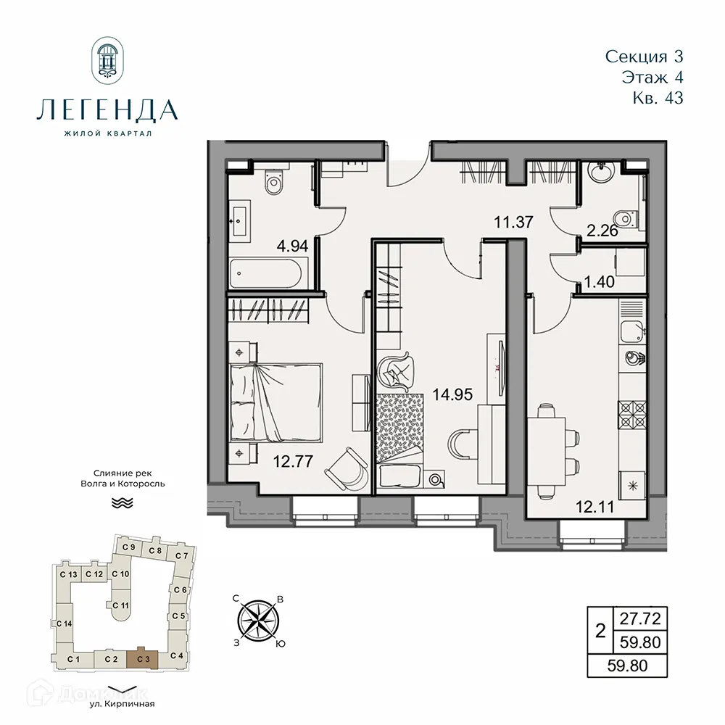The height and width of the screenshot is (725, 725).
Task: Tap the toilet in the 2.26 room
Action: click(622, 216)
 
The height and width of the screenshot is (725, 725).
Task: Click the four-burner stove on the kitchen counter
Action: click(631, 415)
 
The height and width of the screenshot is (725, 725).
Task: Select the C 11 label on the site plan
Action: click(121, 605)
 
